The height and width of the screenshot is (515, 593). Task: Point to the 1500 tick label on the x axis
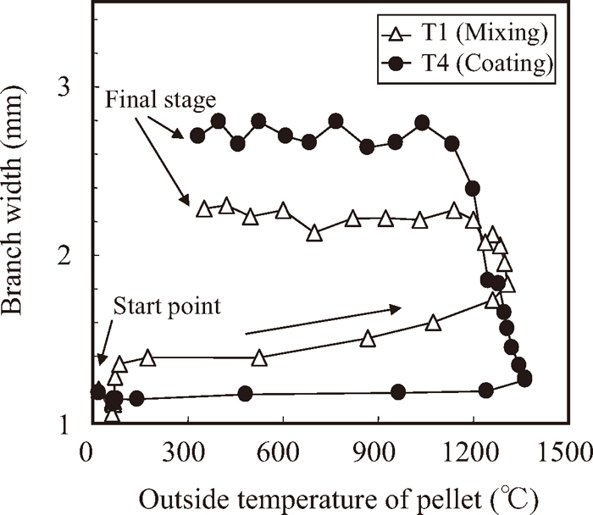click(568, 450)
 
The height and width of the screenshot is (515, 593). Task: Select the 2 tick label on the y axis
click(69, 255)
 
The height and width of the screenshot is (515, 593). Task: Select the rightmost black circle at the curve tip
click(524, 379)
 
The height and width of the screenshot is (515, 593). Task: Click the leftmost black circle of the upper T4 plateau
click(197, 135)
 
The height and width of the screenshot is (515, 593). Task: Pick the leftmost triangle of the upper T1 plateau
click(203, 208)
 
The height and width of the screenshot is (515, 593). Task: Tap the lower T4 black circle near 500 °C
click(245, 394)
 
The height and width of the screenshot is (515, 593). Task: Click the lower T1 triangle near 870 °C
click(368, 339)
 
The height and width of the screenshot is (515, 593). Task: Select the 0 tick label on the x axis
click(86, 450)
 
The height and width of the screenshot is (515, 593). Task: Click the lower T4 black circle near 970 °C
click(398, 391)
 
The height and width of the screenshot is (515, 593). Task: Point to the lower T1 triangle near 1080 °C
click(433, 323)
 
